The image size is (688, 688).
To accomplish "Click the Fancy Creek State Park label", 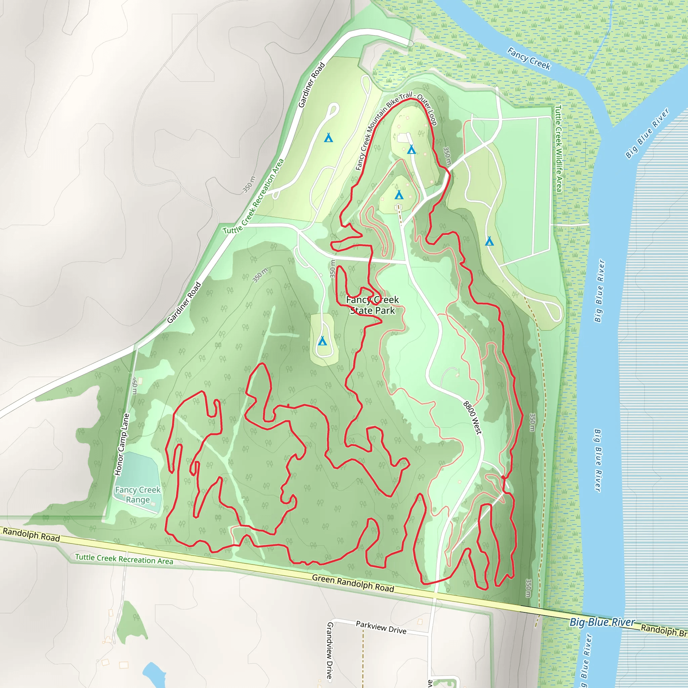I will pyautogui.click(x=373, y=305).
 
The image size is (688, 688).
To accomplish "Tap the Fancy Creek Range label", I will pyautogui.click(x=138, y=494).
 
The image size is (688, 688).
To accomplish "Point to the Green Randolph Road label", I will pyautogui.click(x=353, y=583).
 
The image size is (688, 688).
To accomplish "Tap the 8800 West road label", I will pyautogui.click(x=472, y=418).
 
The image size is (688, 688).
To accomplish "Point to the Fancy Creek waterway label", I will pyautogui.click(x=529, y=58).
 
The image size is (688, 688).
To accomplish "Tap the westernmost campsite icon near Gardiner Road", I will pyautogui.click(x=328, y=137).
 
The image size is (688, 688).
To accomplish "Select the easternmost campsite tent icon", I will pyautogui.click(x=489, y=242).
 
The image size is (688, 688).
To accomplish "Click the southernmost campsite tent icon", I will pyautogui.click(x=322, y=341).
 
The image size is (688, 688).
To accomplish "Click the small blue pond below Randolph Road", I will pyautogui.click(x=154, y=674).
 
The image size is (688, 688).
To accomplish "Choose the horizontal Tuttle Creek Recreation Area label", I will pyautogui.click(x=124, y=559).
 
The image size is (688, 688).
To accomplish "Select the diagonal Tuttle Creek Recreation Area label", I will pyautogui.click(x=254, y=197).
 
